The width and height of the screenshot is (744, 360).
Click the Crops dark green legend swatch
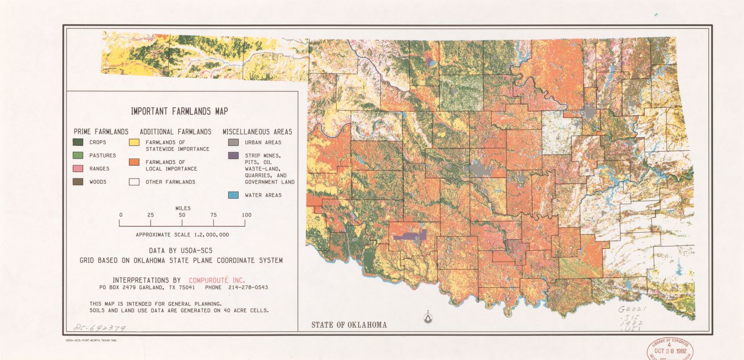point(78,142)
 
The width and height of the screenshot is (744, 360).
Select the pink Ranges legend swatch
point(78,169)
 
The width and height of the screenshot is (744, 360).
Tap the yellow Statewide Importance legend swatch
point(134,142)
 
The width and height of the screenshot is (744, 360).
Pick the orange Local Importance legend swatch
point(134,162)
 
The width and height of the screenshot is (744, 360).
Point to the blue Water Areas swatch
point(233,195)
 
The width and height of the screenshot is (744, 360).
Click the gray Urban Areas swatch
point(233,142)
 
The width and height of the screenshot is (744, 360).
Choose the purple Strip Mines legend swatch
point(233,156)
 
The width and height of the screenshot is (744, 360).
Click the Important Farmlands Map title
point(179,111)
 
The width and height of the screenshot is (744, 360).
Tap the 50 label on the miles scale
point(182,215)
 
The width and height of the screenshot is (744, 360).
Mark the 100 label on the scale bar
point(246,215)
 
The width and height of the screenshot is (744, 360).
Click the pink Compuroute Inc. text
point(217,280)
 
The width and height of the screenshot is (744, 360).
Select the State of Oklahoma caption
point(349,325)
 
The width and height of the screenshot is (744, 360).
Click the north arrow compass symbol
point(428,317)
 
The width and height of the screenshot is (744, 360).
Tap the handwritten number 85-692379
point(100,328)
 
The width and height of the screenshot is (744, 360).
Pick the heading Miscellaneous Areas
point(257,131)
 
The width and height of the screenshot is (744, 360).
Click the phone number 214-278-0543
point(248,288)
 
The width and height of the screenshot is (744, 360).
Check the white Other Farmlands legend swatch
point(134,182)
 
